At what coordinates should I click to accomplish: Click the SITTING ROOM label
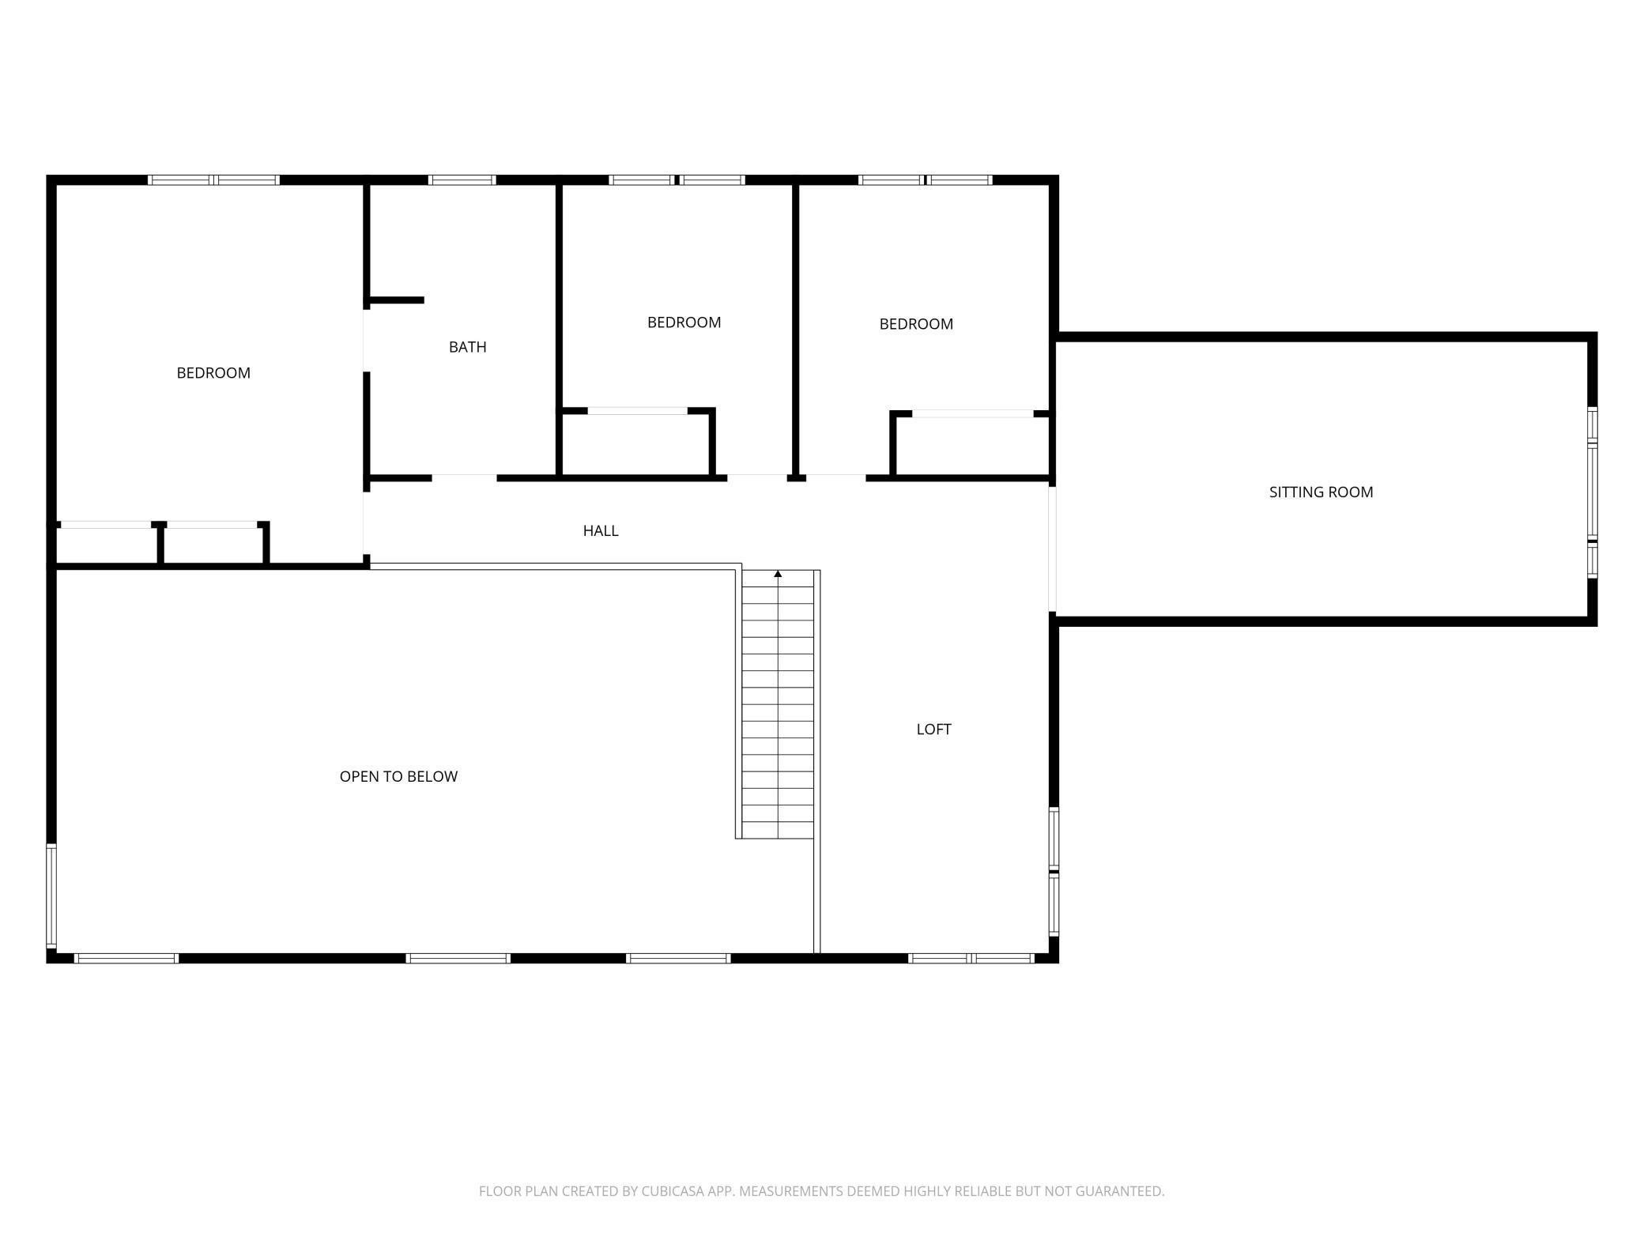tap(1321, 492)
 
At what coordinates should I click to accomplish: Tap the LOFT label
tap(933, 730)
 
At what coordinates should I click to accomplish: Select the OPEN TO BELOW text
tap(398, 777)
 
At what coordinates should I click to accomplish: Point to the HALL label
tap(601, 531)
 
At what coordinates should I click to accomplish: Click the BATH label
tap(467, 347)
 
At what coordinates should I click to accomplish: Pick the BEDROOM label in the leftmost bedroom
tap(213, 373)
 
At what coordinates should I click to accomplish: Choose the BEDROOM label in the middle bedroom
tap(684, 322)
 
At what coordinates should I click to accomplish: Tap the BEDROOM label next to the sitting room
tap(916, 324)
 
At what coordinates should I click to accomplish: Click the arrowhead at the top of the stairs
tap(778, 574)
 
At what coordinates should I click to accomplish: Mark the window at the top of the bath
tap(462, 180)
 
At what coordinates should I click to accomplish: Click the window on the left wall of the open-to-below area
tap(51, 895)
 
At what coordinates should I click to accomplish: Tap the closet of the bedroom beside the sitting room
tap(971, 446)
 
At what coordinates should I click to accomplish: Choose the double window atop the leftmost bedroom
tap(213, 180)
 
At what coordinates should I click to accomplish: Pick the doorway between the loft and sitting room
tap(1052, 549)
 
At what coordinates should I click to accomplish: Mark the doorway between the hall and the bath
tap(464, 478)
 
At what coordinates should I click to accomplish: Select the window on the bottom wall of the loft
tap(971, 959)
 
